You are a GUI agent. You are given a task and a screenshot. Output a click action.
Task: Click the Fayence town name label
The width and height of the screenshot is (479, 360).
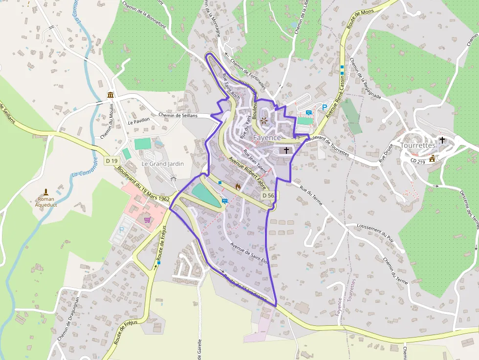(267, 138)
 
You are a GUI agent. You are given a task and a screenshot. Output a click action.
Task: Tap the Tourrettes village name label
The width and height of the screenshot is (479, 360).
(417, 146)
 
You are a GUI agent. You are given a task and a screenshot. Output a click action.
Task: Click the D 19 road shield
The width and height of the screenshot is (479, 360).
(111, 161)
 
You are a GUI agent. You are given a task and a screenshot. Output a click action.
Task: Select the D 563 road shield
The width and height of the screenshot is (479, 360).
(267, 195)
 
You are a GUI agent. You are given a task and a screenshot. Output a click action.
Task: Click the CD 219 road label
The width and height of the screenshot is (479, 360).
(418, 160)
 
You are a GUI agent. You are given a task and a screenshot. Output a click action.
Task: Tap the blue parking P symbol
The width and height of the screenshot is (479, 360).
(324, 107)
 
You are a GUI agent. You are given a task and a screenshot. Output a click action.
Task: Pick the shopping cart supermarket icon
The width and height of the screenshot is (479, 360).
(147, 220)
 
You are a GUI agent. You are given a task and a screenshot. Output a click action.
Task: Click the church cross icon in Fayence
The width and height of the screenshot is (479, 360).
(286, 150)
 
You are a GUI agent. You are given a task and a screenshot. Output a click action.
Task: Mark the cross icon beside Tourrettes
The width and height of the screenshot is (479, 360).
(442, 140)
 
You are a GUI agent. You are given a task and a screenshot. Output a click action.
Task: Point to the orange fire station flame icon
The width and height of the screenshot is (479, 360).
(238, 186)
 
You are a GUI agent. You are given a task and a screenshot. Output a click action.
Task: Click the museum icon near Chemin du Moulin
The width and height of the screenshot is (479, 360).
(111, 95)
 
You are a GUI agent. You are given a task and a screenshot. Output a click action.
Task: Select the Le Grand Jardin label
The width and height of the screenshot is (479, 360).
(163, 164)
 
